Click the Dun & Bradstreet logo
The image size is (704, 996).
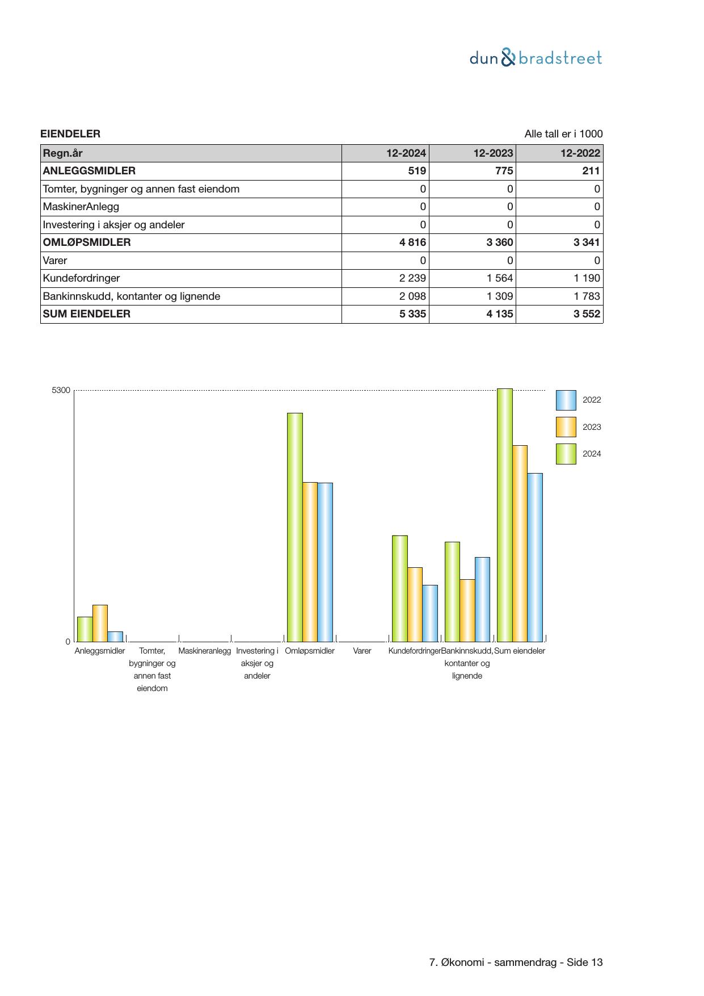[536, 58]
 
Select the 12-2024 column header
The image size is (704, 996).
[406, 153]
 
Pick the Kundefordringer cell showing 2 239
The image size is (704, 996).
[412, 278]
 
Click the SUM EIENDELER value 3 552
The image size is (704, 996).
[587, 314]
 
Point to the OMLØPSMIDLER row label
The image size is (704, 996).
[87, 242]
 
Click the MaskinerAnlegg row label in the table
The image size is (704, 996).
[81, 207]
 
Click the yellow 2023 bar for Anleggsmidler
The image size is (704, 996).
[100, 623]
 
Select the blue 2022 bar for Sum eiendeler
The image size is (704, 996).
[535, 557]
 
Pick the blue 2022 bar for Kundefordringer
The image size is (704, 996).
[430, 613]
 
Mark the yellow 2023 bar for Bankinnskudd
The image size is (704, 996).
[467, 610]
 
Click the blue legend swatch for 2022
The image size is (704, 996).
[566, 400]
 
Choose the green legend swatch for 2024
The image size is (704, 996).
[566, 454]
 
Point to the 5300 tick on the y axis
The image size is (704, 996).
[61, 391]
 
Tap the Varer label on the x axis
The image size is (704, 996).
[362, 651]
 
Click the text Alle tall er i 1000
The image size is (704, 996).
[563, 134]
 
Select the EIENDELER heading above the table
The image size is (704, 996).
[70, 134]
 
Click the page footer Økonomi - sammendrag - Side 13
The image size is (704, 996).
[516, 962]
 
